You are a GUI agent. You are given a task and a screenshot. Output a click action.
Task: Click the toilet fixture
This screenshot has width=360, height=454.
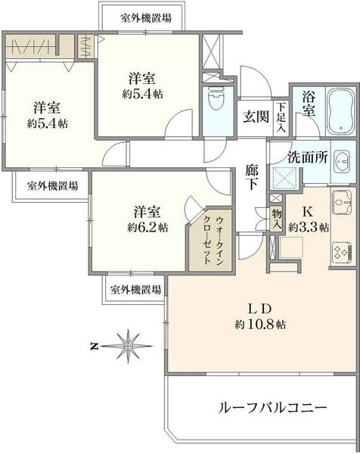click(x=217, y=98)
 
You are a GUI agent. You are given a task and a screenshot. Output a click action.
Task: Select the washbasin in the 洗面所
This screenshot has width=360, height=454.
click(x=342, y=161)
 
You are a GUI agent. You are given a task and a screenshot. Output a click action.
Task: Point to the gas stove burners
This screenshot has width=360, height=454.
click(x=342, y=252)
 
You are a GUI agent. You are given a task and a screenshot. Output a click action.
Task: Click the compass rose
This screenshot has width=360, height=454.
click(x=128, y=346)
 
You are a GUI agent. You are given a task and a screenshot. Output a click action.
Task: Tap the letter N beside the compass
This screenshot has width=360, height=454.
click(x=94, y=346)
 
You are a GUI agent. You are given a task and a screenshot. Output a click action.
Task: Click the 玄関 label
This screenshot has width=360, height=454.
click(x=256, y=117)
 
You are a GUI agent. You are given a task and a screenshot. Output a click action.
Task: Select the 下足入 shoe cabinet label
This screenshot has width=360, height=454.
click(x=281, y=117)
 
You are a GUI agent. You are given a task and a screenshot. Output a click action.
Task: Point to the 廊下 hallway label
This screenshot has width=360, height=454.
click(x=252, y=177)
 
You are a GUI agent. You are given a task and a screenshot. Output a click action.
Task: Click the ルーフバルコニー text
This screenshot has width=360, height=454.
click(x=272, y=408)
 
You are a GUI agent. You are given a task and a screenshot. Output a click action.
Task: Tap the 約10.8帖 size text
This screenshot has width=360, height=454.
click(x=260, y=325)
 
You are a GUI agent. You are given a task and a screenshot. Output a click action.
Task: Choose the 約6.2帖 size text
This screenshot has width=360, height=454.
click(x=147, y=228)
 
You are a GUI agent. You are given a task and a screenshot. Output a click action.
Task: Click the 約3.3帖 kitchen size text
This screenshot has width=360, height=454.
click(x=309, y=228)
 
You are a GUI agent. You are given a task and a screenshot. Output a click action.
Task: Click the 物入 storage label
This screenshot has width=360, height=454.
click(x=277, y=219)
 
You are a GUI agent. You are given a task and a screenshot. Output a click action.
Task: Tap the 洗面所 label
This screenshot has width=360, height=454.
click(x=308, y=157)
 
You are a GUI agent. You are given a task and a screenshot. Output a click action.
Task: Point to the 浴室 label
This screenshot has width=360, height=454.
click(x=309, y=104)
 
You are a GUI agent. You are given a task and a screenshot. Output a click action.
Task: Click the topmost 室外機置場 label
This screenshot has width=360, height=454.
click(x=146, y=18)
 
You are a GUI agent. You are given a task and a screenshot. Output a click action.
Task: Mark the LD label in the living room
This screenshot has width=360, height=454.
click(x=260, y=309)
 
